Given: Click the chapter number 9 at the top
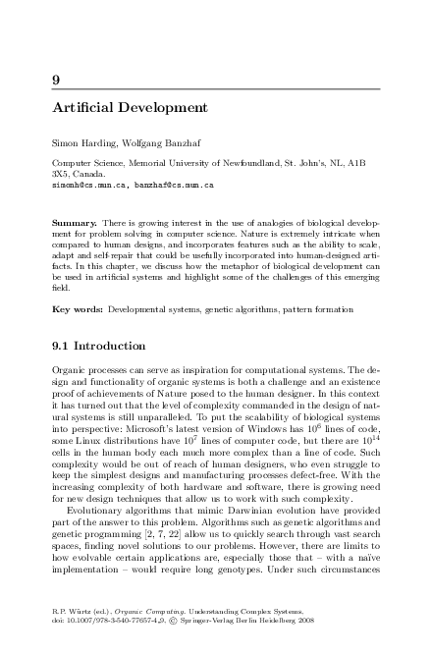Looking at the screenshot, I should coord(55,80).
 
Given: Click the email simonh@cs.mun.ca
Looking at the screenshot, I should coord(88,184).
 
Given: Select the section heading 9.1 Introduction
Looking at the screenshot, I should coord(98,346).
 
